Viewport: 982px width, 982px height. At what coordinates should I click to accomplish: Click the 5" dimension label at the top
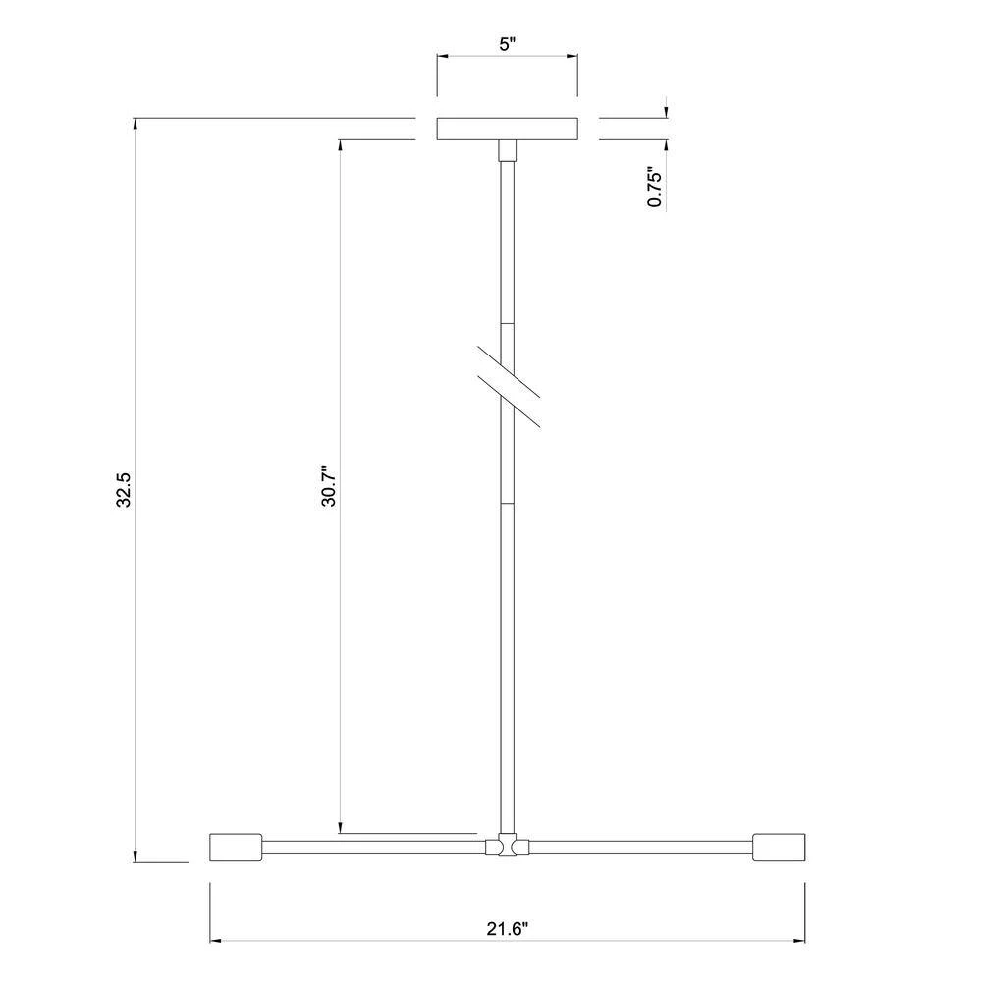(508, 44)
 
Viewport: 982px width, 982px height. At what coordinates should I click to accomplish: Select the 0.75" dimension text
(654, 187)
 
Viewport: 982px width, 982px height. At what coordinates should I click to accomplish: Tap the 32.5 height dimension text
(124, 489)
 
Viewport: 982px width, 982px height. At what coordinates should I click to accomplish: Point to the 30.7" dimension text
(329, 486)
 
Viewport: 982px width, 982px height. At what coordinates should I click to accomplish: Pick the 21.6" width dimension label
(508, 928)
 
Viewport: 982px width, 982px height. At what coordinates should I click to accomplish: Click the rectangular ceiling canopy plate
(508, 129)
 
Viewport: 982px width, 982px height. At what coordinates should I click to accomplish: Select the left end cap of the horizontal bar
(236, 847)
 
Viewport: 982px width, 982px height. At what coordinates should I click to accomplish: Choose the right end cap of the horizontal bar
(779, 847)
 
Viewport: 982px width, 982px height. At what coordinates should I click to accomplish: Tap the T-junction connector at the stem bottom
(508, 846)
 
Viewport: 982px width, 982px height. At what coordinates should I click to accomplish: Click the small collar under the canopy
(508, 151)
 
